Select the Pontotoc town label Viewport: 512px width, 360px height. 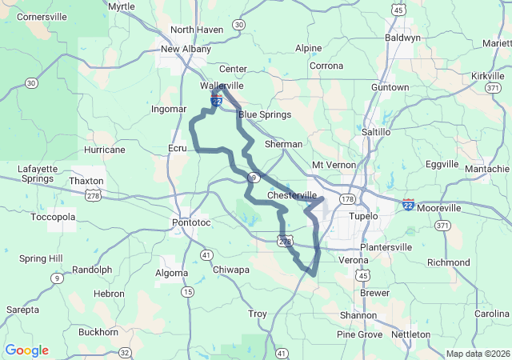191,222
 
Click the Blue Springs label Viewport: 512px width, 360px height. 264,114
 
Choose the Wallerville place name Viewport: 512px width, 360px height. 222,85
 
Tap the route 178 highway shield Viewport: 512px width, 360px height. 347,198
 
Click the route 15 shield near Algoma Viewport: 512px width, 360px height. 188,292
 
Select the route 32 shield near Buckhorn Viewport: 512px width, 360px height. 125,352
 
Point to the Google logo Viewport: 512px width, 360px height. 27,350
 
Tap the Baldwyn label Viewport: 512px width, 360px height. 402,37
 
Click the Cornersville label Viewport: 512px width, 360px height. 42,16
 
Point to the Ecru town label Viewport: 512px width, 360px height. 177,148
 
